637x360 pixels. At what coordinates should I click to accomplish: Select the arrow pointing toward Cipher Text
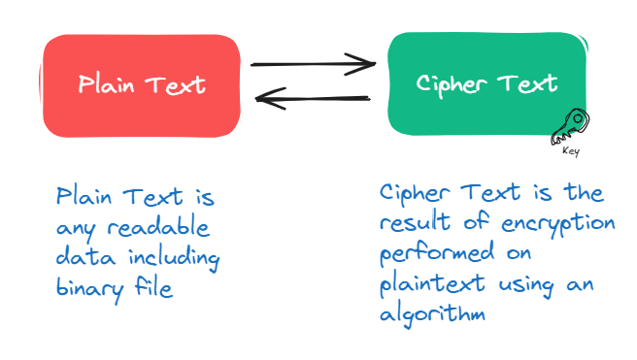pos(313,65)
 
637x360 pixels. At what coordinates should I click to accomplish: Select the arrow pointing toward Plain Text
pos(313,97)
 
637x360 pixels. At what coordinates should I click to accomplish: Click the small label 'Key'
pos(571,151)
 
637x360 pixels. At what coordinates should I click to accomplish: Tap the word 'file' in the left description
pos(153,288)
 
